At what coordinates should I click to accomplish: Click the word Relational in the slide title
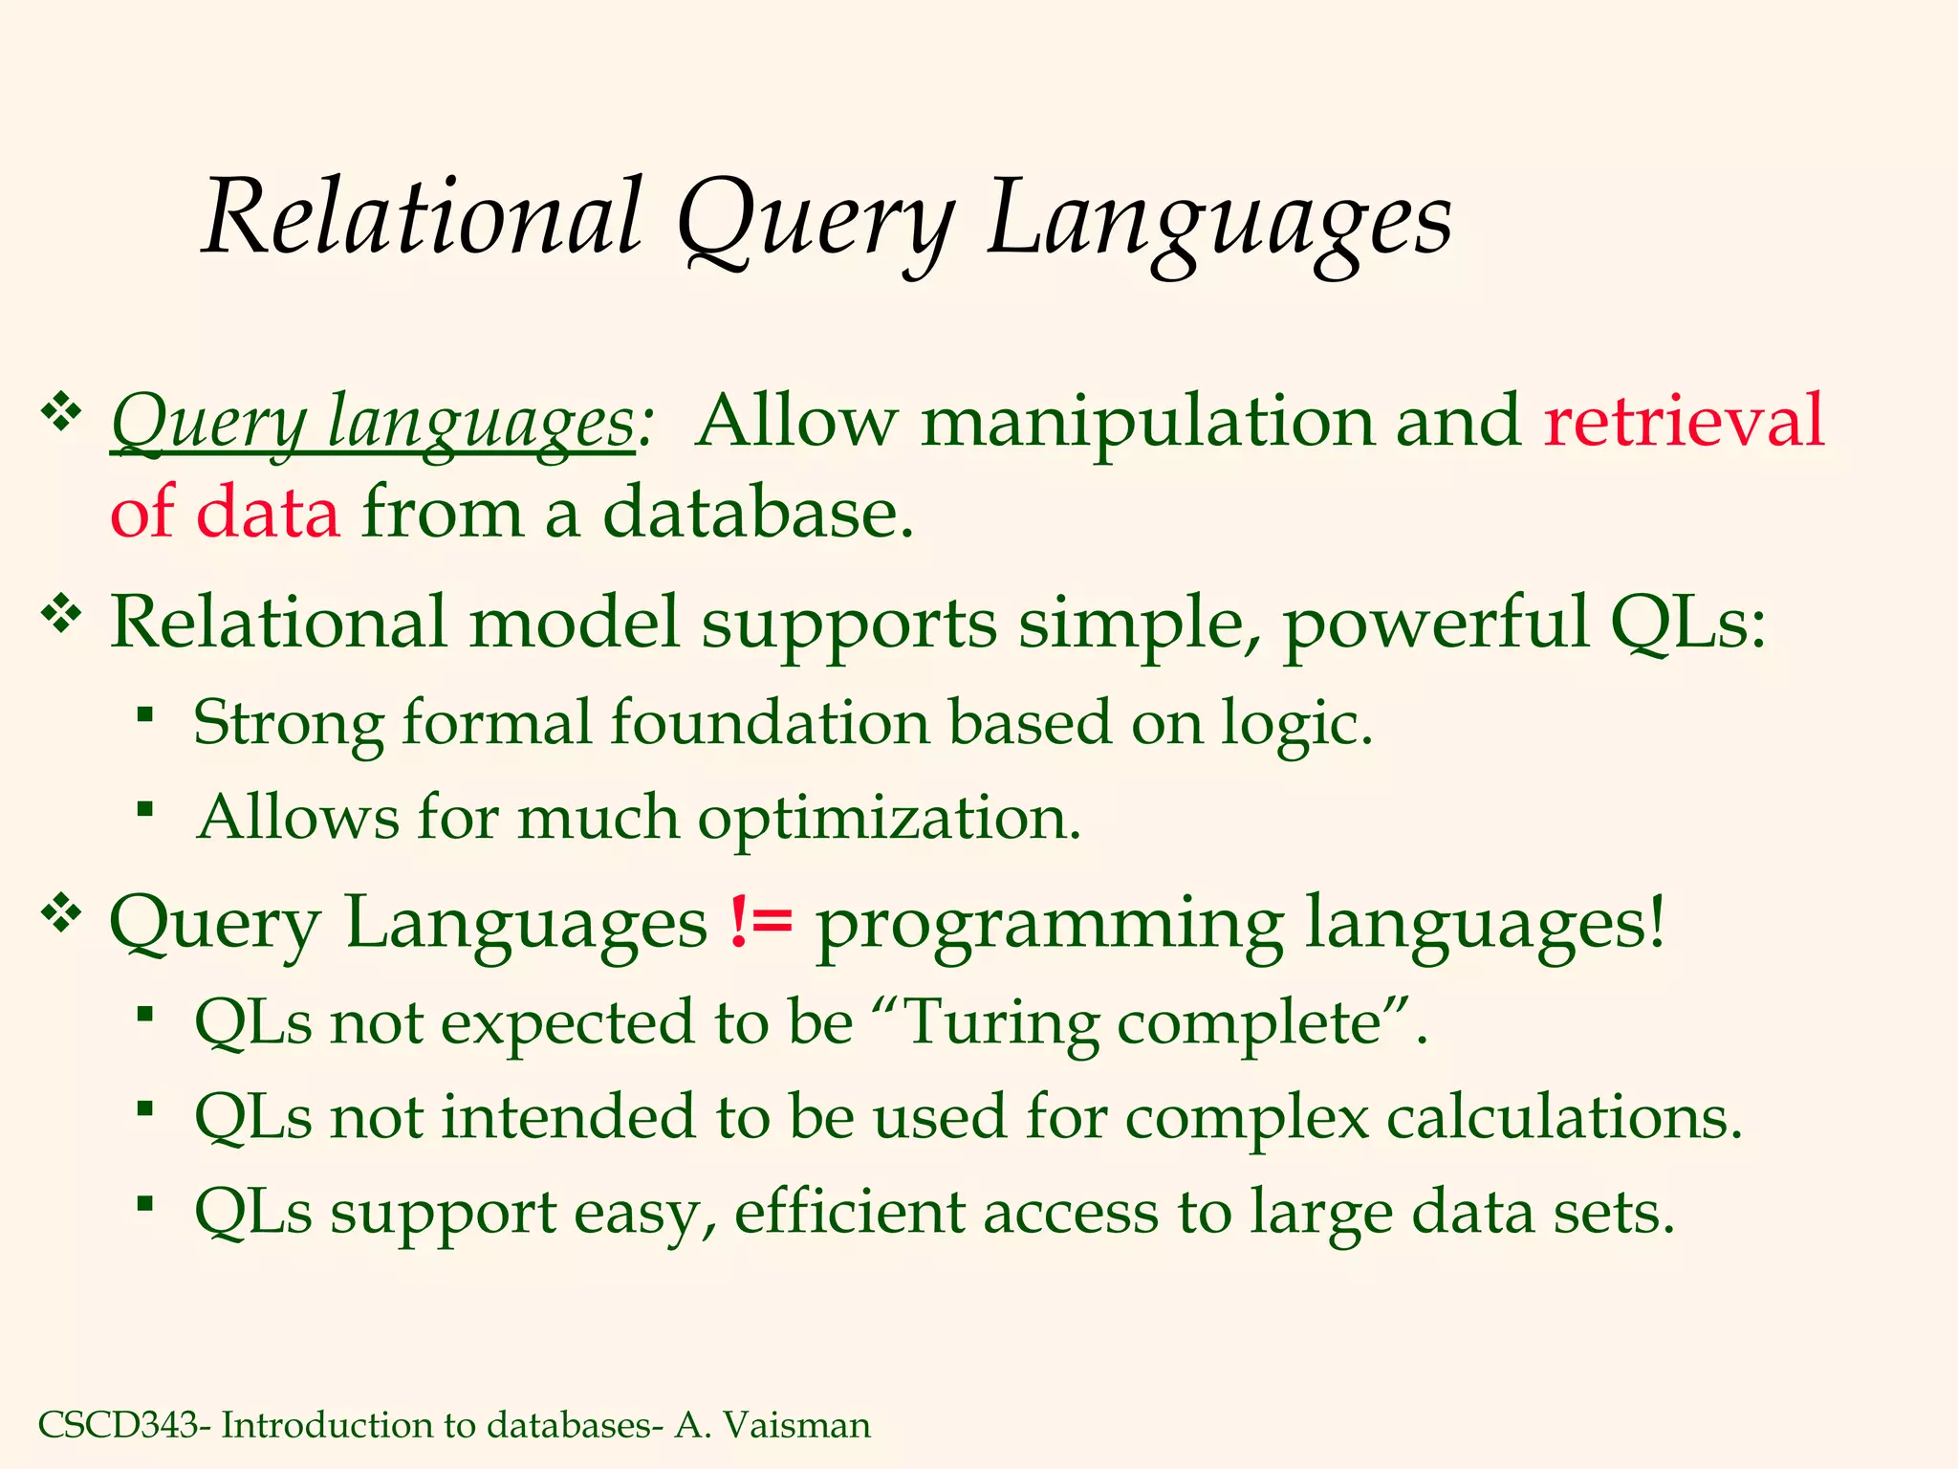(x=422, y=218)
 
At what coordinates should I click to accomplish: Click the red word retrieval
(x=1684, y=421)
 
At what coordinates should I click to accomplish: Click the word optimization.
(x=889, y=819)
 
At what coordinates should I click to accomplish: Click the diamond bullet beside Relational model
(x=61, y=614)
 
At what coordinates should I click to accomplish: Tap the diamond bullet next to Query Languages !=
(x=61, y=914)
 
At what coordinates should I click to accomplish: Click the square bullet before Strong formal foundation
(x=144, y=714)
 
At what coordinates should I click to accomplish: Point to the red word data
(x=268, y=513)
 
